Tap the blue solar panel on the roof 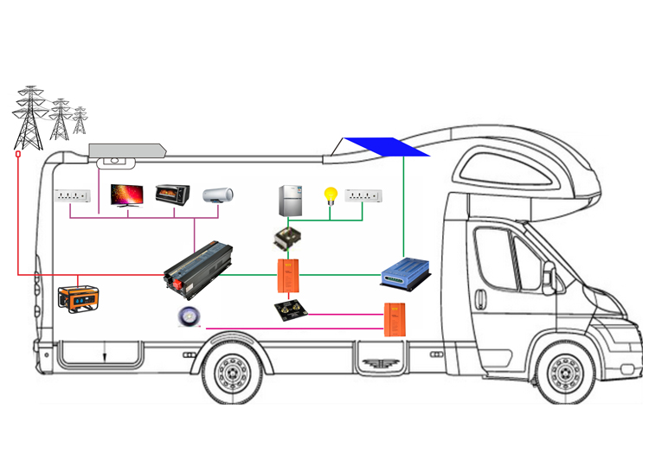click(386, 147)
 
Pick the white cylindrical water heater click(219, 195)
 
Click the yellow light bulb click(329, 195)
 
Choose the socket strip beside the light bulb click(363, 195)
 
